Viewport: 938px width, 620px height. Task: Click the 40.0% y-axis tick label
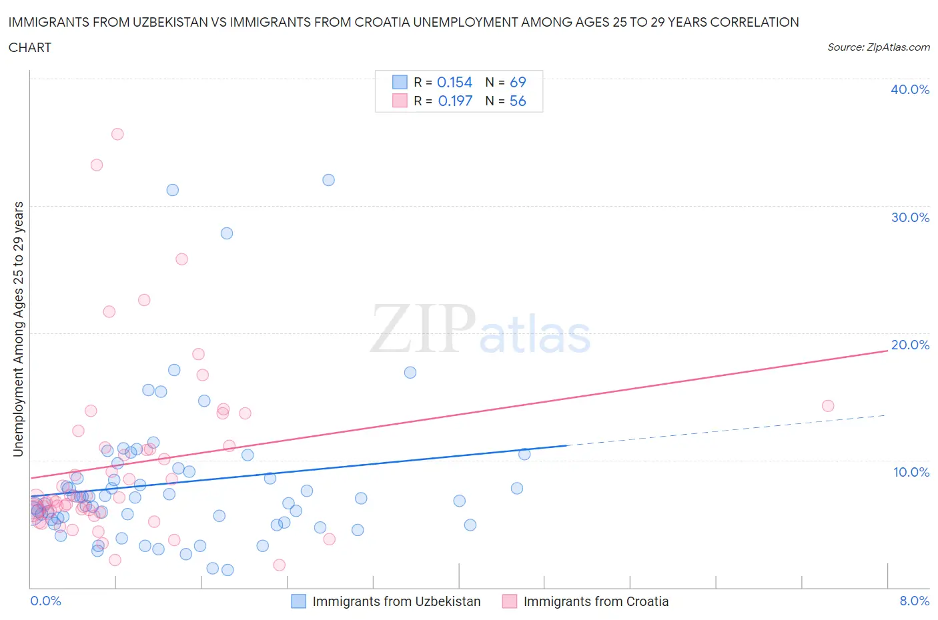909,89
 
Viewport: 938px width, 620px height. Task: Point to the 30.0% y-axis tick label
910,217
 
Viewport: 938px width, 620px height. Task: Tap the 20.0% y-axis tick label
910,345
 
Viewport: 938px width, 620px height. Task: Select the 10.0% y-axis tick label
911,472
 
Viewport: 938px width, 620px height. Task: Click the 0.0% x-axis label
45,601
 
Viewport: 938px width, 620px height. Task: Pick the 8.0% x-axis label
914,601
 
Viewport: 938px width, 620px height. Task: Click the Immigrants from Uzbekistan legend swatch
299,601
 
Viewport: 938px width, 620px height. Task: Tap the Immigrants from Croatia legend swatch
510,601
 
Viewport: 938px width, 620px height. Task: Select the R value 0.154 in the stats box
454,82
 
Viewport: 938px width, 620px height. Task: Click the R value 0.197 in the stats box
455,101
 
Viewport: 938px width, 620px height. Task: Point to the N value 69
518,82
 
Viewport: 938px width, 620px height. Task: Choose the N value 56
518,101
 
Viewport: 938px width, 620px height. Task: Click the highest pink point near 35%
117,134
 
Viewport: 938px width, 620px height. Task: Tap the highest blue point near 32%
328,180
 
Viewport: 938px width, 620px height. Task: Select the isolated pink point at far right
828,406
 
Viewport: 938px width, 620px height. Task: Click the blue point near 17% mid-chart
410,373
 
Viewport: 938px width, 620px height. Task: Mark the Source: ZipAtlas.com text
878,47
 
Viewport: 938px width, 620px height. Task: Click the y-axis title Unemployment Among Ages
19,329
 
